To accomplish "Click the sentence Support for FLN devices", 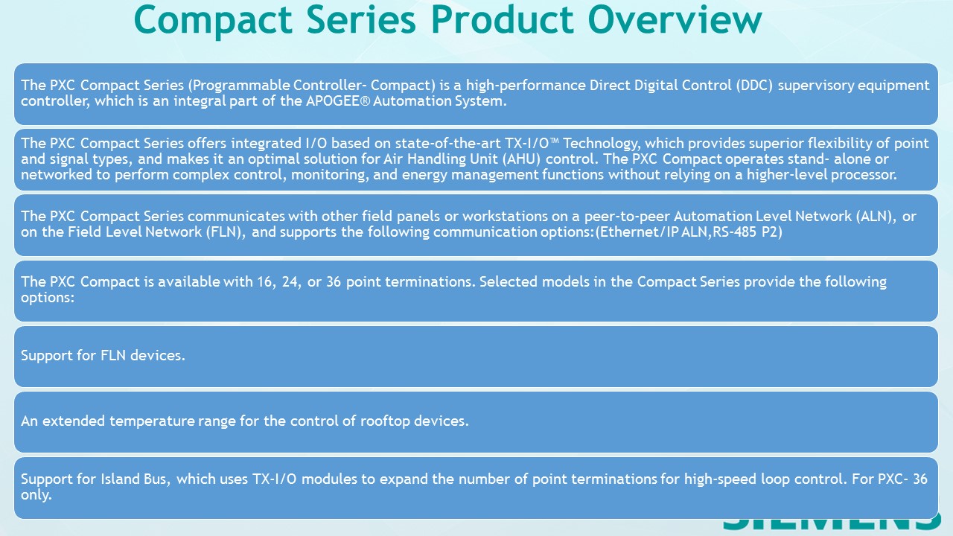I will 103,356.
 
